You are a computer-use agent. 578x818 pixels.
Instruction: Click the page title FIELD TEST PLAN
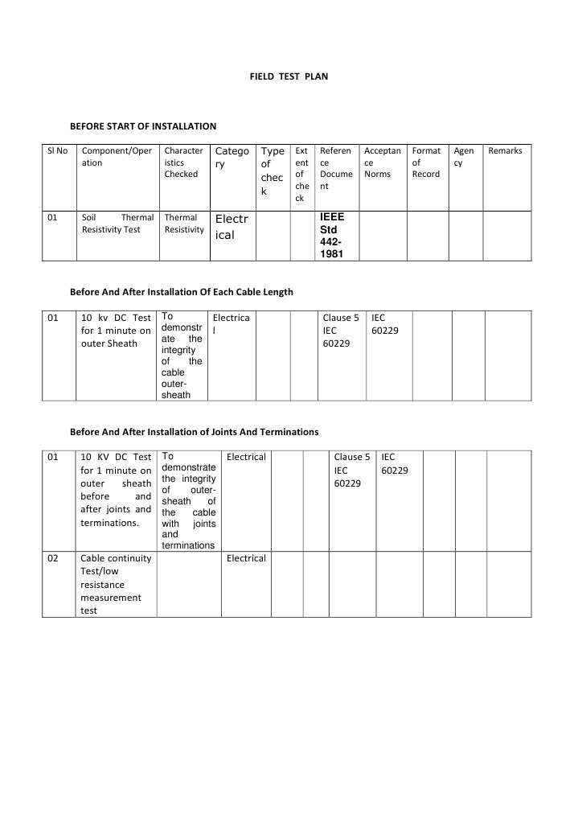(x=289, y=76)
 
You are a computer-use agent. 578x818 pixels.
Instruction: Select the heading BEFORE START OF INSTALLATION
(x=143, y=126)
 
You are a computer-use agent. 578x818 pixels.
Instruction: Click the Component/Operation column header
(x=117, y=157)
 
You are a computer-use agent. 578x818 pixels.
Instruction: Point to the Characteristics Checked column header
(x=182, y=162)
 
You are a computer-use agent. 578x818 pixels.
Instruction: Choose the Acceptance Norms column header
(x=382, y=162)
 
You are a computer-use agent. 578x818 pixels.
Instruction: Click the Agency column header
(x=464, y=157)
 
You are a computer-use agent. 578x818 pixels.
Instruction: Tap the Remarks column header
(x=505, y=151)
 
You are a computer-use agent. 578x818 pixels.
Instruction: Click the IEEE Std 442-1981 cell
(x=331, y=236)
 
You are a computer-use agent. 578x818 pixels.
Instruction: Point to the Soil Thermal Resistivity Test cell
(x=117, y=224)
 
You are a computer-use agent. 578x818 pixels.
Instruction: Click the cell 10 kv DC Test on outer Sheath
(x=117, y=331)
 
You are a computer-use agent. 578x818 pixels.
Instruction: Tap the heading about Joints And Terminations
(x=194, y=432)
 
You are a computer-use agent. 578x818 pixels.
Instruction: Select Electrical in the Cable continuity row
(x=246, y=558)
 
